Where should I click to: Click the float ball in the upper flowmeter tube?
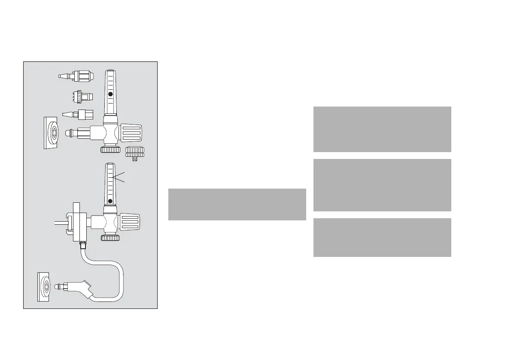coord(110,94)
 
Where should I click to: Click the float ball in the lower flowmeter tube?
coord(110,201)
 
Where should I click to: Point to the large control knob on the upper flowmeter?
coord(131,133)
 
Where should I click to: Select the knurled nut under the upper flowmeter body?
coord(110,150)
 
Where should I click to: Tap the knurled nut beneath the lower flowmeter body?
coord(110,238)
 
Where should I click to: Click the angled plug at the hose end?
coord(84,287)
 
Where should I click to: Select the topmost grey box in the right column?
coord(382,129)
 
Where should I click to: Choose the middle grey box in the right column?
coord(382,185)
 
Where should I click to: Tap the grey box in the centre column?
coord(237,204)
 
